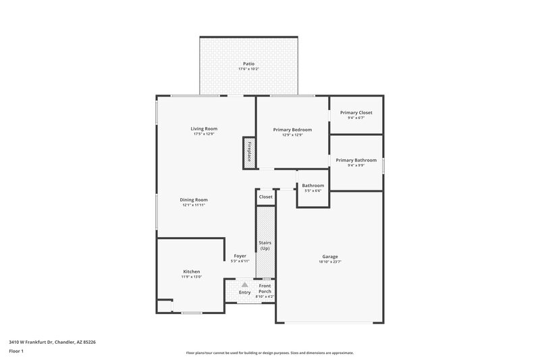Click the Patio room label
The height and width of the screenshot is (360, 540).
[250, 63]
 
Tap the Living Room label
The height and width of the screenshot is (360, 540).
[204, 128]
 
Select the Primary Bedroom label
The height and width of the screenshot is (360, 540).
[292, 129]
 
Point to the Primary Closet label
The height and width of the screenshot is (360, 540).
[356, 113]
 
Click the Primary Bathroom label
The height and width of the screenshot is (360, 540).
[356, 160]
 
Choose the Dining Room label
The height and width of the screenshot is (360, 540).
[193, 200]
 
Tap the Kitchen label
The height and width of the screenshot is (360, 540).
[191, 272]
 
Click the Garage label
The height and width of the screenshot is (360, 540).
[330, 257]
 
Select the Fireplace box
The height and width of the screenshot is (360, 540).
[248, 151]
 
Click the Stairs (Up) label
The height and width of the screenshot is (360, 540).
[265, 245]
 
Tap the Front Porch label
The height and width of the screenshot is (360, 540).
[265, 288]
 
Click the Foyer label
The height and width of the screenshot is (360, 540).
[240, 256]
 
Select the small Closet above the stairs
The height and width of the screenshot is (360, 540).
[265, 197]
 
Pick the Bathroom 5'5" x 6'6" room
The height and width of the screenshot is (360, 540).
[313, 188]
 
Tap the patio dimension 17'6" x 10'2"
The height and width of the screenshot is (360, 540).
[250, 69]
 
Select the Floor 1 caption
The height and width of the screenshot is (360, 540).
[17, 351]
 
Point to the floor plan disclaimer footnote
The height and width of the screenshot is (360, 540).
[270, 353]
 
